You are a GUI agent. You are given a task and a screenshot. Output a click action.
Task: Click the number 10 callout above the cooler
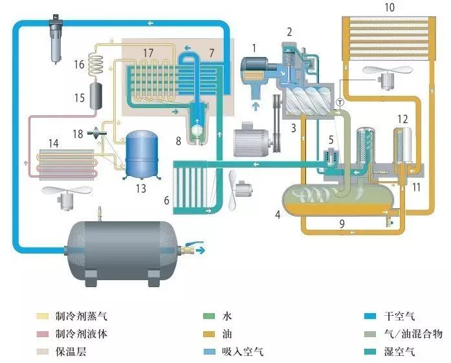pyautogui.click(x=388, y=8)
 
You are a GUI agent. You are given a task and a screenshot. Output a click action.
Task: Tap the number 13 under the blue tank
pyautogui.click(x=141, y=188)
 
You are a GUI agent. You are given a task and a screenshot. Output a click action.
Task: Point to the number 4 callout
pyautogui.click(x=278, y=214)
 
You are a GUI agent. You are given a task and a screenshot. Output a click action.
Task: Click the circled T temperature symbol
pyautogui.click(x=340, y=101)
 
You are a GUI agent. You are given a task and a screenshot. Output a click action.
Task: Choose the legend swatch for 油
pyautogui.click(x=209, y=334)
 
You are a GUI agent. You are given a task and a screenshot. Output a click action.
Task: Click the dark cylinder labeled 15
pyautogui.click(x=100, y=96)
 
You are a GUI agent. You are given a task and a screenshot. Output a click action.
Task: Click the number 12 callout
pyautogui.click(x=402, y=119)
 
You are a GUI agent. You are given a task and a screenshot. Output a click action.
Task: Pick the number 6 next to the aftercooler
pyautogui.click(x=167, y=201)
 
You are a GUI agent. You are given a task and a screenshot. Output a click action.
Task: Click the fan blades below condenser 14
pyautogui.click(x=63, y=192)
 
